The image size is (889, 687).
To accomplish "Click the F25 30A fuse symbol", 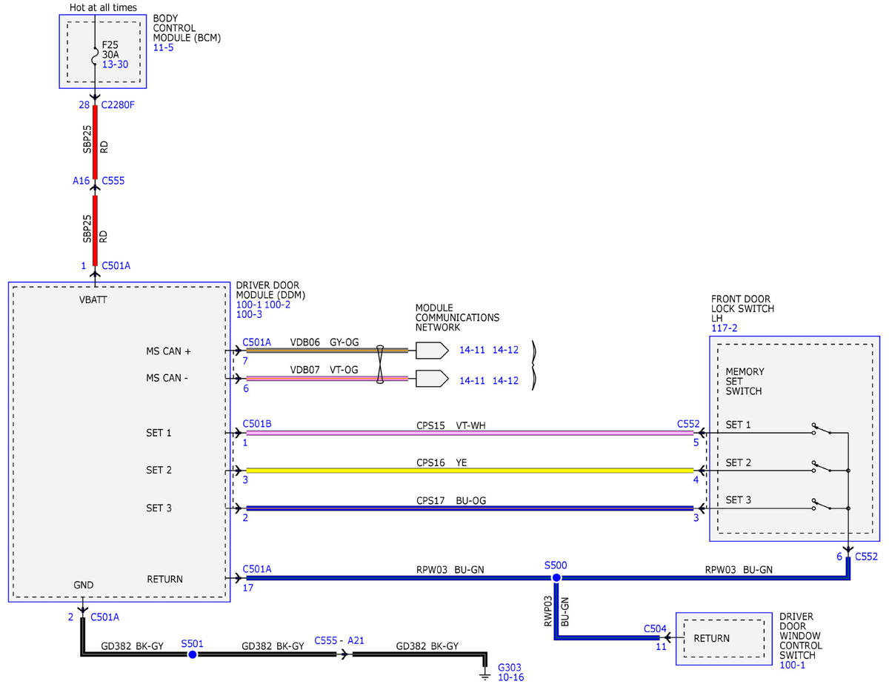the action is tap(95, 56).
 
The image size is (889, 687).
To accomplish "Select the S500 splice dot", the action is tap(556, 578).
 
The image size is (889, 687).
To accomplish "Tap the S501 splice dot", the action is tap(193, 654).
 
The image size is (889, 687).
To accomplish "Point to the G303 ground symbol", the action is tap(485, 674).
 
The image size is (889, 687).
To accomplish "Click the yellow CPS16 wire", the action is tap(470, 471).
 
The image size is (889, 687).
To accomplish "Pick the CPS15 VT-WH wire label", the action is tap(451, 425).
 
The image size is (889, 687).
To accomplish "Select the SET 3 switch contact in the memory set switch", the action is tap(822, 505).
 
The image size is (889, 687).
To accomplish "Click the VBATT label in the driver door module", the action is tap(93, 300).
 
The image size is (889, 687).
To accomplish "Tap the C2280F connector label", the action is tap(118, 105).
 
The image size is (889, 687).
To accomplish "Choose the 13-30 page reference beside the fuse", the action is tap(115, 64).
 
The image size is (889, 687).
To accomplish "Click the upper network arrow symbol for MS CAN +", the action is tap(432, 351).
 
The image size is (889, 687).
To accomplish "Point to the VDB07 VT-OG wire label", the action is tap(324, 370).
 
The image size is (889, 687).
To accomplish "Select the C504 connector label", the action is tap(655, 629).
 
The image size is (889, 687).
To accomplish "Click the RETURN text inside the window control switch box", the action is tap(711, 638).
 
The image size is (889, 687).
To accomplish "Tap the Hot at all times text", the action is tap(103, 7).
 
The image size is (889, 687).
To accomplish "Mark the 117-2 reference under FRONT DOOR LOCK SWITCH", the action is tap(724, 328).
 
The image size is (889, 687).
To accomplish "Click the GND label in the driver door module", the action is tap(84, 585).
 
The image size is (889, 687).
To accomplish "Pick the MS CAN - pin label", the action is tap(167, 378).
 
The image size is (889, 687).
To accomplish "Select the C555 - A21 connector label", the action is tap(339, 640).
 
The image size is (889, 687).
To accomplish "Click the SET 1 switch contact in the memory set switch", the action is tap(822, 429).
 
